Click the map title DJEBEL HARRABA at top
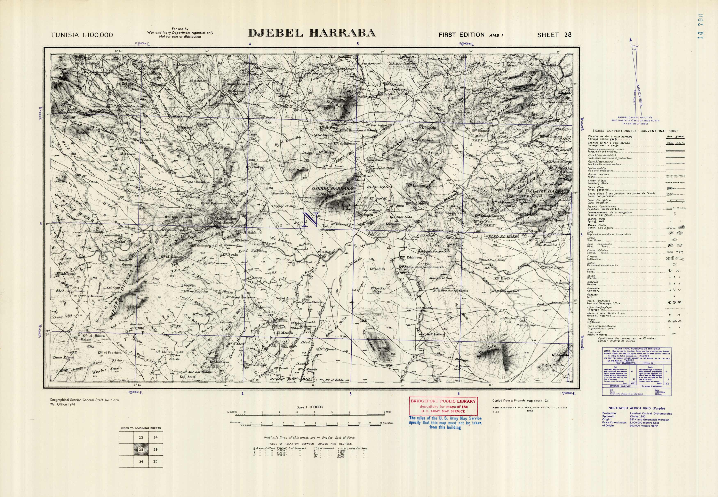pos(311,33)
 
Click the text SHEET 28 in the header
pos(554,35)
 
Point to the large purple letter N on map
pos(310,219)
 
